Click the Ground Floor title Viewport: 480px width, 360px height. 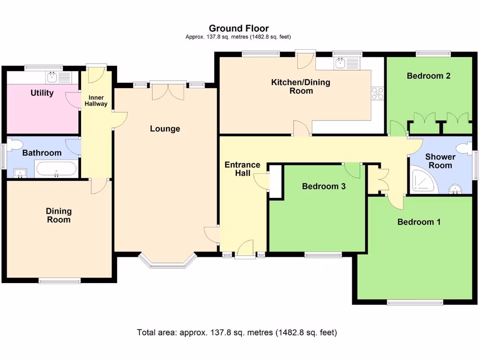point(239,29)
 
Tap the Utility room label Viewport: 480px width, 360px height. point(42,93)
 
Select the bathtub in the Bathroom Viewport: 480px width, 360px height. point(56,169)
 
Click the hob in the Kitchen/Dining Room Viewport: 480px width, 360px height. point(377,93)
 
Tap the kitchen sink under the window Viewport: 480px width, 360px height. point(341,63)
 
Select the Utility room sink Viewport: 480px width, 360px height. point(52,76)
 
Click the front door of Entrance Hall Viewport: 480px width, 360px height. point(245,248)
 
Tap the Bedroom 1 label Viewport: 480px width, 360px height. point(419,222)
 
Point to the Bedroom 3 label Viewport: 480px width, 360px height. point(323,186)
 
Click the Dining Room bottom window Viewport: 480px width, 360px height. point(60,281)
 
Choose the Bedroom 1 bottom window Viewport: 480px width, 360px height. point(415,302)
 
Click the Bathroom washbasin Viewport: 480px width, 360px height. point(20,173)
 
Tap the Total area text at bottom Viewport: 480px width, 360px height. point(237,332)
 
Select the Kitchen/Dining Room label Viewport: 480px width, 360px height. point(300,86)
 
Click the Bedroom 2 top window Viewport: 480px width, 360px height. point(433,54)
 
